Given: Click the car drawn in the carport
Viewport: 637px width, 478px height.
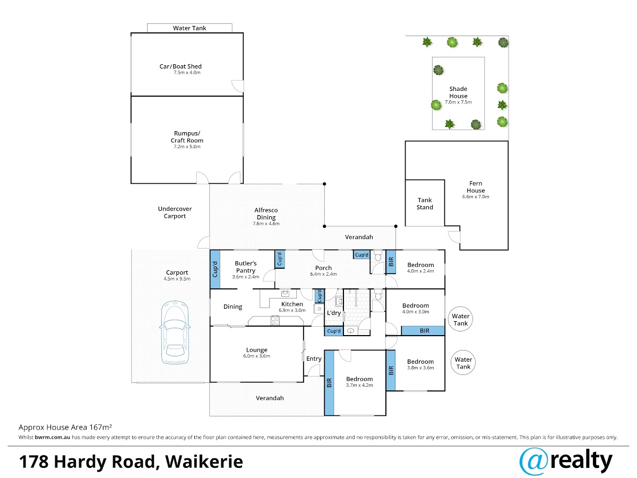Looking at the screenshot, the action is pos(175,332).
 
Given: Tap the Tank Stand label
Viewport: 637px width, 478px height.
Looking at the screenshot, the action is pos(425,204).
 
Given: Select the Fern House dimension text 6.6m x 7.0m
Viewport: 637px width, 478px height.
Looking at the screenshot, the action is pos(476,197).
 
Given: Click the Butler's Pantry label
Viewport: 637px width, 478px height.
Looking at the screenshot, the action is pos(246,267).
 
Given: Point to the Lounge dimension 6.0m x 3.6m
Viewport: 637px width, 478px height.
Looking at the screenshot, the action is pos(256,356).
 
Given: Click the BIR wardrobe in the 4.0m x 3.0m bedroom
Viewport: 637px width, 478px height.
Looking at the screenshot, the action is pos(423,331).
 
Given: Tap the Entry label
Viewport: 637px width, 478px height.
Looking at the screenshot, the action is pos(314,358).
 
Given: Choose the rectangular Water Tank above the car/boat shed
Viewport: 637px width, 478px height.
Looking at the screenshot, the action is pos(190,28).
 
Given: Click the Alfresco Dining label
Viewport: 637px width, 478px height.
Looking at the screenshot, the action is pos(266,214).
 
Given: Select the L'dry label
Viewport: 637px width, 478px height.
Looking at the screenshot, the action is pos(334,313).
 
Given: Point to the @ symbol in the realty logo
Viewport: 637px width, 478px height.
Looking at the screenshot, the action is pos(533,462).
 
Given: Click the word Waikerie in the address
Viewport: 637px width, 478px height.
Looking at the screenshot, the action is pos(204,462).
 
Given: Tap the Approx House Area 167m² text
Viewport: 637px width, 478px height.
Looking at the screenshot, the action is pos(65,427).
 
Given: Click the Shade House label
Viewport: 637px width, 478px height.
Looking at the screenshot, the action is pos(458,92).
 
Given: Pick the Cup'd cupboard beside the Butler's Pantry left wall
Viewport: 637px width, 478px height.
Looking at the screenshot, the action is pos(215,269).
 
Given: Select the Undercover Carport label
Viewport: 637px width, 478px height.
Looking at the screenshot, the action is pos(175,212).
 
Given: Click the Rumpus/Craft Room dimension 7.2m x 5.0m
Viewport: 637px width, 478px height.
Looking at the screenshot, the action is pos(187,147).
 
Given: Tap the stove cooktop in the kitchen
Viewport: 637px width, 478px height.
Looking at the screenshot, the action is pos(275,321).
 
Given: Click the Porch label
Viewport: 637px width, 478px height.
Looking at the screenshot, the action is pos(323,268).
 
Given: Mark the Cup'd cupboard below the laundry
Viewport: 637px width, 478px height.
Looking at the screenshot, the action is pos(334,331).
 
